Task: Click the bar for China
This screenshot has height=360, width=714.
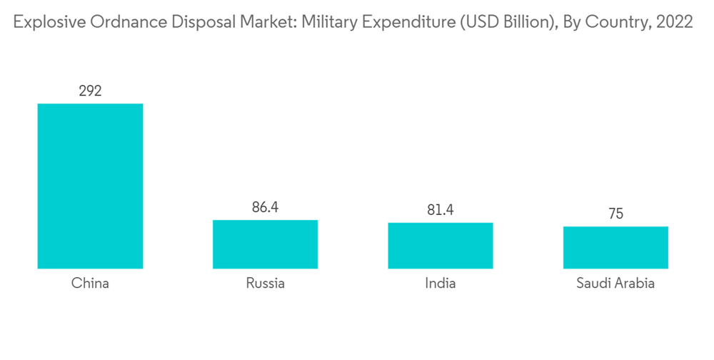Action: (90, 186)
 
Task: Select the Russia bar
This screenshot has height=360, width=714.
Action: (265, 244)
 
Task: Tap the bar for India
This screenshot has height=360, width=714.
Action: (441, 246)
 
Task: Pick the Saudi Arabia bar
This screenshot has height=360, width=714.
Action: (615, 247)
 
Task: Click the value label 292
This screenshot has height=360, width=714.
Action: (90, 91)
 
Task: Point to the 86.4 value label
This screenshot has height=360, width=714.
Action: (265, 207)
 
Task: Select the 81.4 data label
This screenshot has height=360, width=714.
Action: (441, 210)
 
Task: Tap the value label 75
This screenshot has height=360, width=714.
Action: (615, 214)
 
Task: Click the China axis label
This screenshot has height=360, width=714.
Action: (90, 283)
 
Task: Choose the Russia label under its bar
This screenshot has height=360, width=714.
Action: (265, 283)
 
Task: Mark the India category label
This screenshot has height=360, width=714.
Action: (441, 283)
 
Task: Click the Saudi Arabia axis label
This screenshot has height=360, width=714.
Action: (615, 283)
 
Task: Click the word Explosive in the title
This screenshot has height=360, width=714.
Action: (44, 22)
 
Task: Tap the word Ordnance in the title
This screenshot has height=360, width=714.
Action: (114, 22)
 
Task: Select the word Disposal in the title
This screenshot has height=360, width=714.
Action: (183, 22)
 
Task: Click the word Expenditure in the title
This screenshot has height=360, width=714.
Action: (403, 22)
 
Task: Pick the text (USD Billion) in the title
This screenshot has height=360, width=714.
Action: (498, 22)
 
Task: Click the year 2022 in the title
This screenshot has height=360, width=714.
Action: (674, 22)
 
